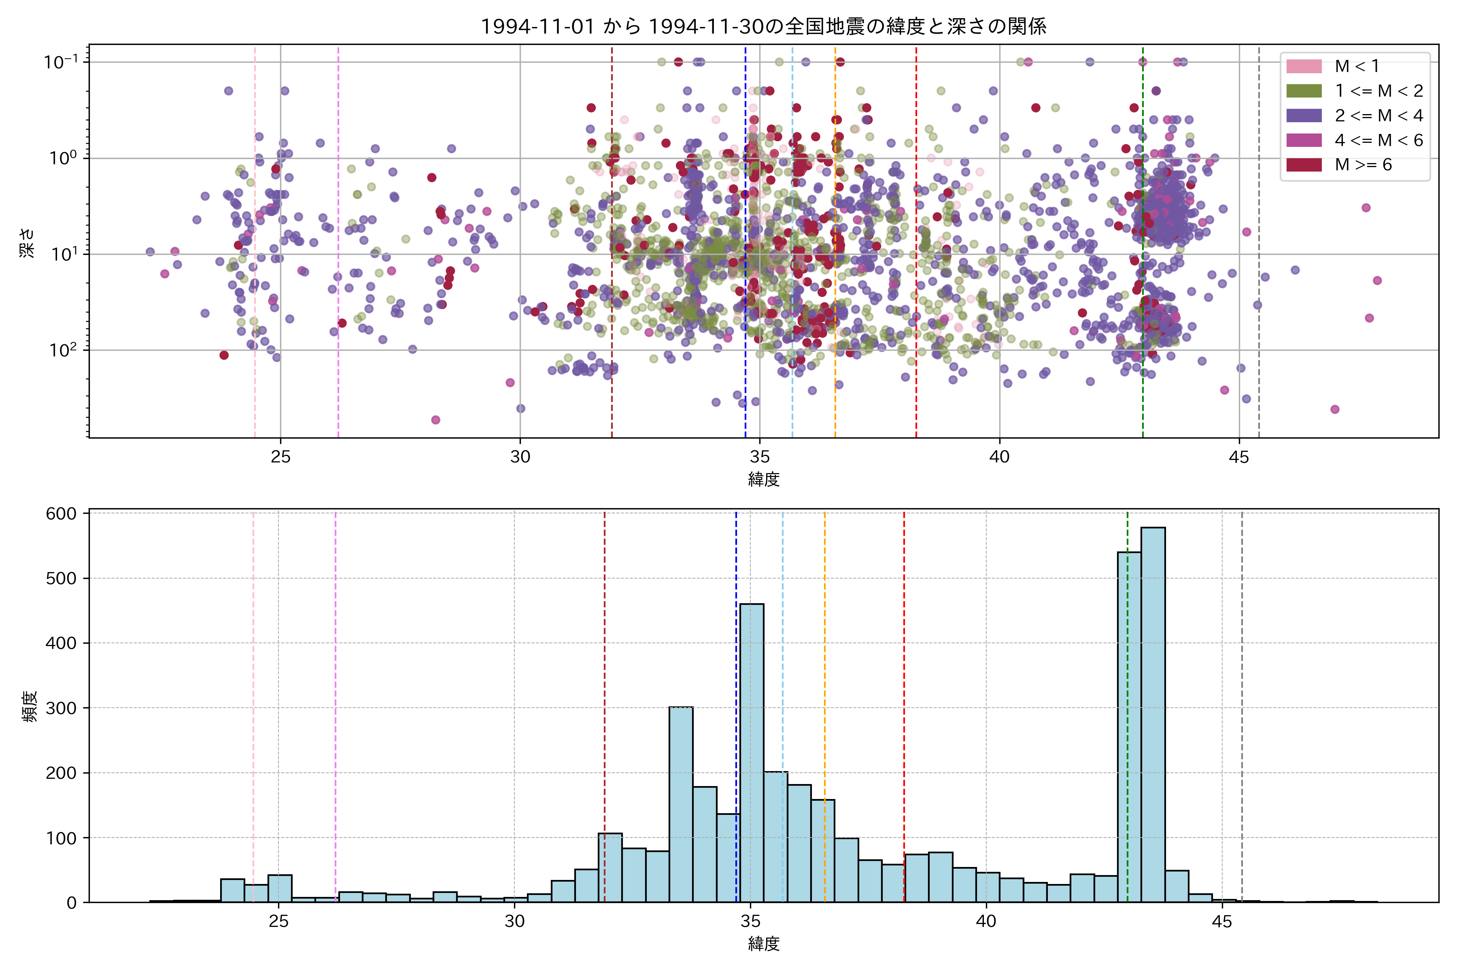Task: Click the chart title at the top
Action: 763,26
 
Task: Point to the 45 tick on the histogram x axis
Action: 1221,922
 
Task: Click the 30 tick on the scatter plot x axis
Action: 520,457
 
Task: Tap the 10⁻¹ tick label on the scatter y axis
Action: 61,62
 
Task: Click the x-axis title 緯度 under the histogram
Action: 763,944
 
